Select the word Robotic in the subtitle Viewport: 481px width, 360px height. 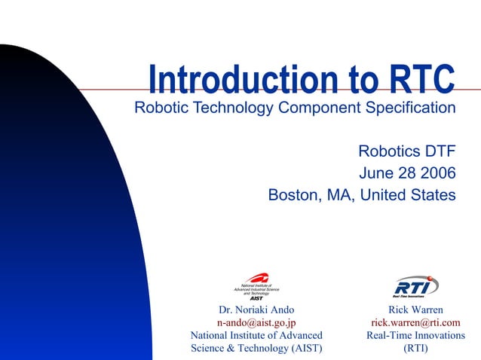(161, 108)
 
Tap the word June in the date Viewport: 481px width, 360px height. (377, 173)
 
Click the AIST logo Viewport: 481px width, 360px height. (256, 285)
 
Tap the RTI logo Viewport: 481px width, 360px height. (416, 286)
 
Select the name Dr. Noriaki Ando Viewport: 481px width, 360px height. (256, 310)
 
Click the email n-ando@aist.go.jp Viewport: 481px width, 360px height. (256, 322)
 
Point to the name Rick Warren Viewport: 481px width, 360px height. (416, 310)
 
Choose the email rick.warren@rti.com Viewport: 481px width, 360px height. (416, 322)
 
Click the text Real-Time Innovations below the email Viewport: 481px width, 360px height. (416, 335)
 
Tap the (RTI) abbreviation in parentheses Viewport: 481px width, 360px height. (416, 348)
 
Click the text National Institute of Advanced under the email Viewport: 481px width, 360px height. (256, 335)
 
